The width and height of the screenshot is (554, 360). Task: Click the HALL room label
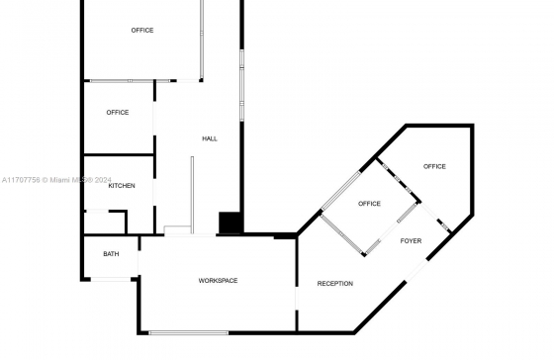(x=210, y=138)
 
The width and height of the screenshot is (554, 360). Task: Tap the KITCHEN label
(x=122, y=186)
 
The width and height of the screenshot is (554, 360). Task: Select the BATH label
(x=111, y=254)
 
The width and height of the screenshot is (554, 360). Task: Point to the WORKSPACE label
(x=218, y=281)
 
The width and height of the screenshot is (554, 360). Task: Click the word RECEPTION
(x=335, y=284)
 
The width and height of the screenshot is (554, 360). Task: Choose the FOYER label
(x=411, y=241)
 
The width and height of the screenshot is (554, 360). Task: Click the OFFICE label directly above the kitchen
(x=118, y=113)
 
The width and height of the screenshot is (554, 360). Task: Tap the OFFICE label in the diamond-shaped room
(x=369, y=204)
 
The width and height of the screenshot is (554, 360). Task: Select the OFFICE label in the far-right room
(x=434, y=166)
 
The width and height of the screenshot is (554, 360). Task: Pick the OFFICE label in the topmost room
(x=142, y=31)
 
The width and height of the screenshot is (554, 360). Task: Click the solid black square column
(x=230, y=223)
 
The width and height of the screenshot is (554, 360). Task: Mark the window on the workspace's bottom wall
(x=189, y=332)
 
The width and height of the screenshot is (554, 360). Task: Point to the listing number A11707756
(x=21, y=180)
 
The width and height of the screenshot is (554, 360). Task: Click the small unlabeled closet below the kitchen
(x=105, y=223)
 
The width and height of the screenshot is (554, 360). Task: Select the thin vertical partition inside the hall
(x=192, y=195)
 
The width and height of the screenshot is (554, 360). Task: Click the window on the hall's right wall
(x=242, y=85)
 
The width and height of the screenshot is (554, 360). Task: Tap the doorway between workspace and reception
(x=297, y=299)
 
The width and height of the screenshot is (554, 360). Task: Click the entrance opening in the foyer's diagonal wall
(x=416, y=271)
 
